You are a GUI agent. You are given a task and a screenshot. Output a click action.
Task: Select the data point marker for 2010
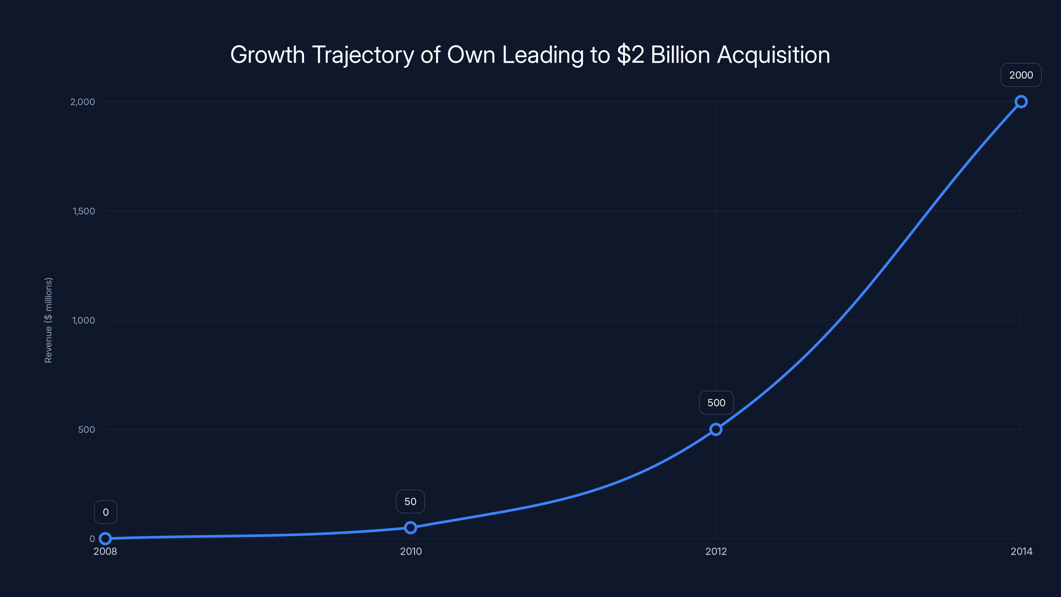coord(410,527)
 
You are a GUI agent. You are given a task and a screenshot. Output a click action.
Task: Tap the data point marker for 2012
coord(716,429)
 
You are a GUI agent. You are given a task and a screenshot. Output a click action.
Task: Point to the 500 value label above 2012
coord(716,403)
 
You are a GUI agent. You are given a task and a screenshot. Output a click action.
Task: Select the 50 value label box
coord(410,501)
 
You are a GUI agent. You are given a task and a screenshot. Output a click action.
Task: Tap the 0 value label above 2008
coord(106,512)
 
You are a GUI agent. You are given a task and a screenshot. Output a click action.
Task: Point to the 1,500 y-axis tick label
coord(84,211)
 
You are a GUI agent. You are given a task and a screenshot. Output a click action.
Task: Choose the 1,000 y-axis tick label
coord(84,320)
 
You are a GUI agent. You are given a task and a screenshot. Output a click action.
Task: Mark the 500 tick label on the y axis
coord(87,429)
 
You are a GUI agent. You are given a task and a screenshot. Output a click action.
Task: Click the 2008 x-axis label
coord(105,551)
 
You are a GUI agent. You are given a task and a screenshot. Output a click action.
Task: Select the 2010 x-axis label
coord(411,551)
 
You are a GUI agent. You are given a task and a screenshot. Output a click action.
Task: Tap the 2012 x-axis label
coord(716,551)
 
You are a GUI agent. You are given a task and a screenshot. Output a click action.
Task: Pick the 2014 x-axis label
coord(1021,551)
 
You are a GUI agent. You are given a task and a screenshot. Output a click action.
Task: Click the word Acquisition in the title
coord(773,55)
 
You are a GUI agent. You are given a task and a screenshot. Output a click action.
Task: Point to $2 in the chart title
coord(630,55)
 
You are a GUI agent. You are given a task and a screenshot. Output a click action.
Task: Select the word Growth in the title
coord(267,55)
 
